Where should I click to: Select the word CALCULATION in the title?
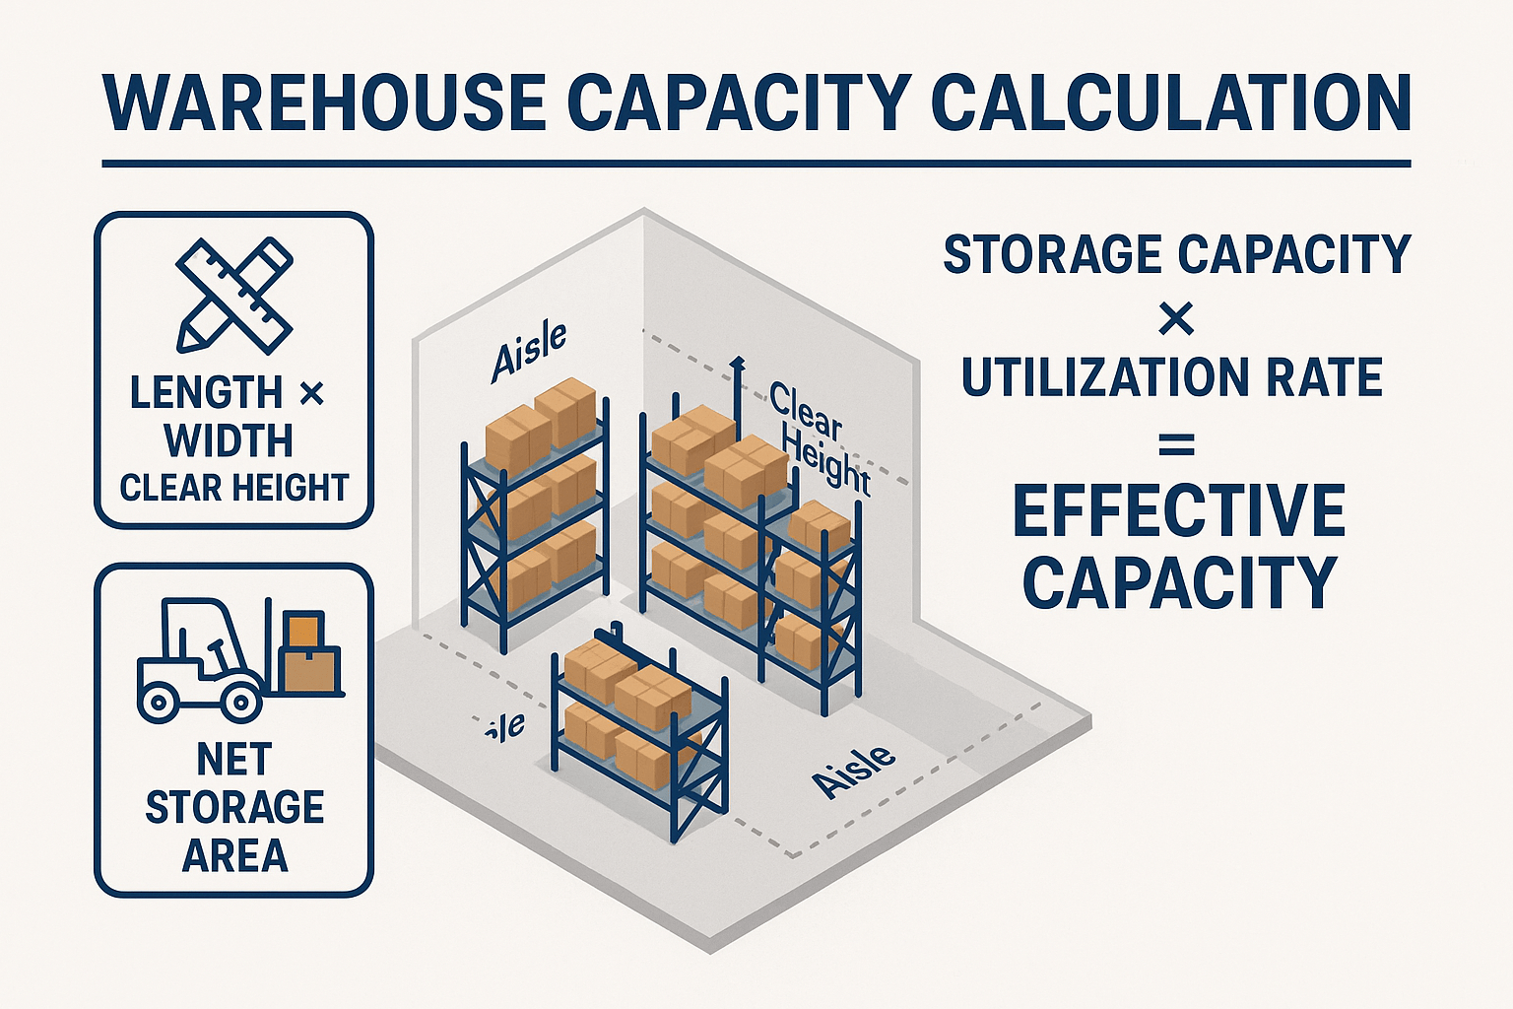click(x=1171, y=102)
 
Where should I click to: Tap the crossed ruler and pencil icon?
click(x=234, y=295)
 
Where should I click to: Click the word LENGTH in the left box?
click(x=206, y=393)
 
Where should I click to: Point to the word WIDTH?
click(x=229, y=440)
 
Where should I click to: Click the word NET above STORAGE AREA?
click(x=233, y=760)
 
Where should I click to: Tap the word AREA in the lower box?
click(x=234, y=855)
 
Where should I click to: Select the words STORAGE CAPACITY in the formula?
click(x=1177, y=254)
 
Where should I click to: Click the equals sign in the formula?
click(x=1176, y=448)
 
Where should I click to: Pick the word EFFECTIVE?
click(x=1178, y=511)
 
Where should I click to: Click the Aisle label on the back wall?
click(x=530, y=351)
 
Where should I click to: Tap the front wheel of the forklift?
click(x=240, y=702)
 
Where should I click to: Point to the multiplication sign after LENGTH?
click(x=311, y=394)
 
